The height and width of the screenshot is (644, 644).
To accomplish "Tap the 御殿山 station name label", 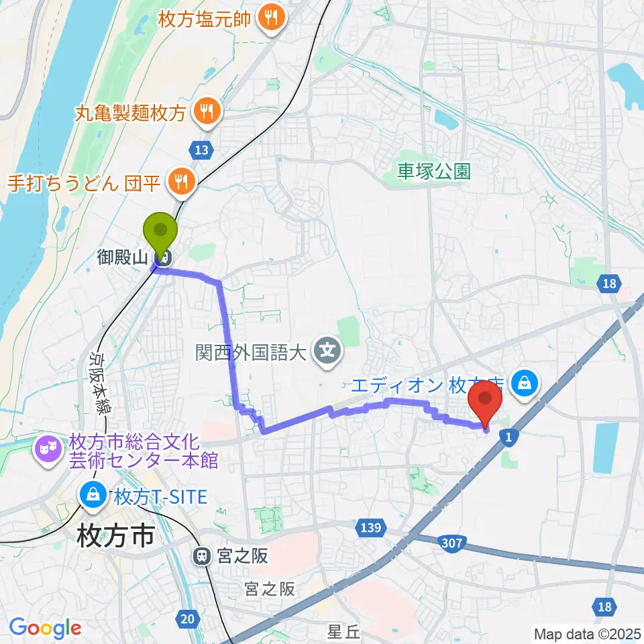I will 125,257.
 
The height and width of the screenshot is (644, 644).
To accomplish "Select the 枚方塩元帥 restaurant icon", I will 272,18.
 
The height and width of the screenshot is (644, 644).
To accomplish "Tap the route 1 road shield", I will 510,437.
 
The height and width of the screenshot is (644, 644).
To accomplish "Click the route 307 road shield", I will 451,542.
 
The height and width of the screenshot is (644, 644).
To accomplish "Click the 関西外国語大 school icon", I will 328,350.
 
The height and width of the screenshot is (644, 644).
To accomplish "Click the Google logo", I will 46,628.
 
